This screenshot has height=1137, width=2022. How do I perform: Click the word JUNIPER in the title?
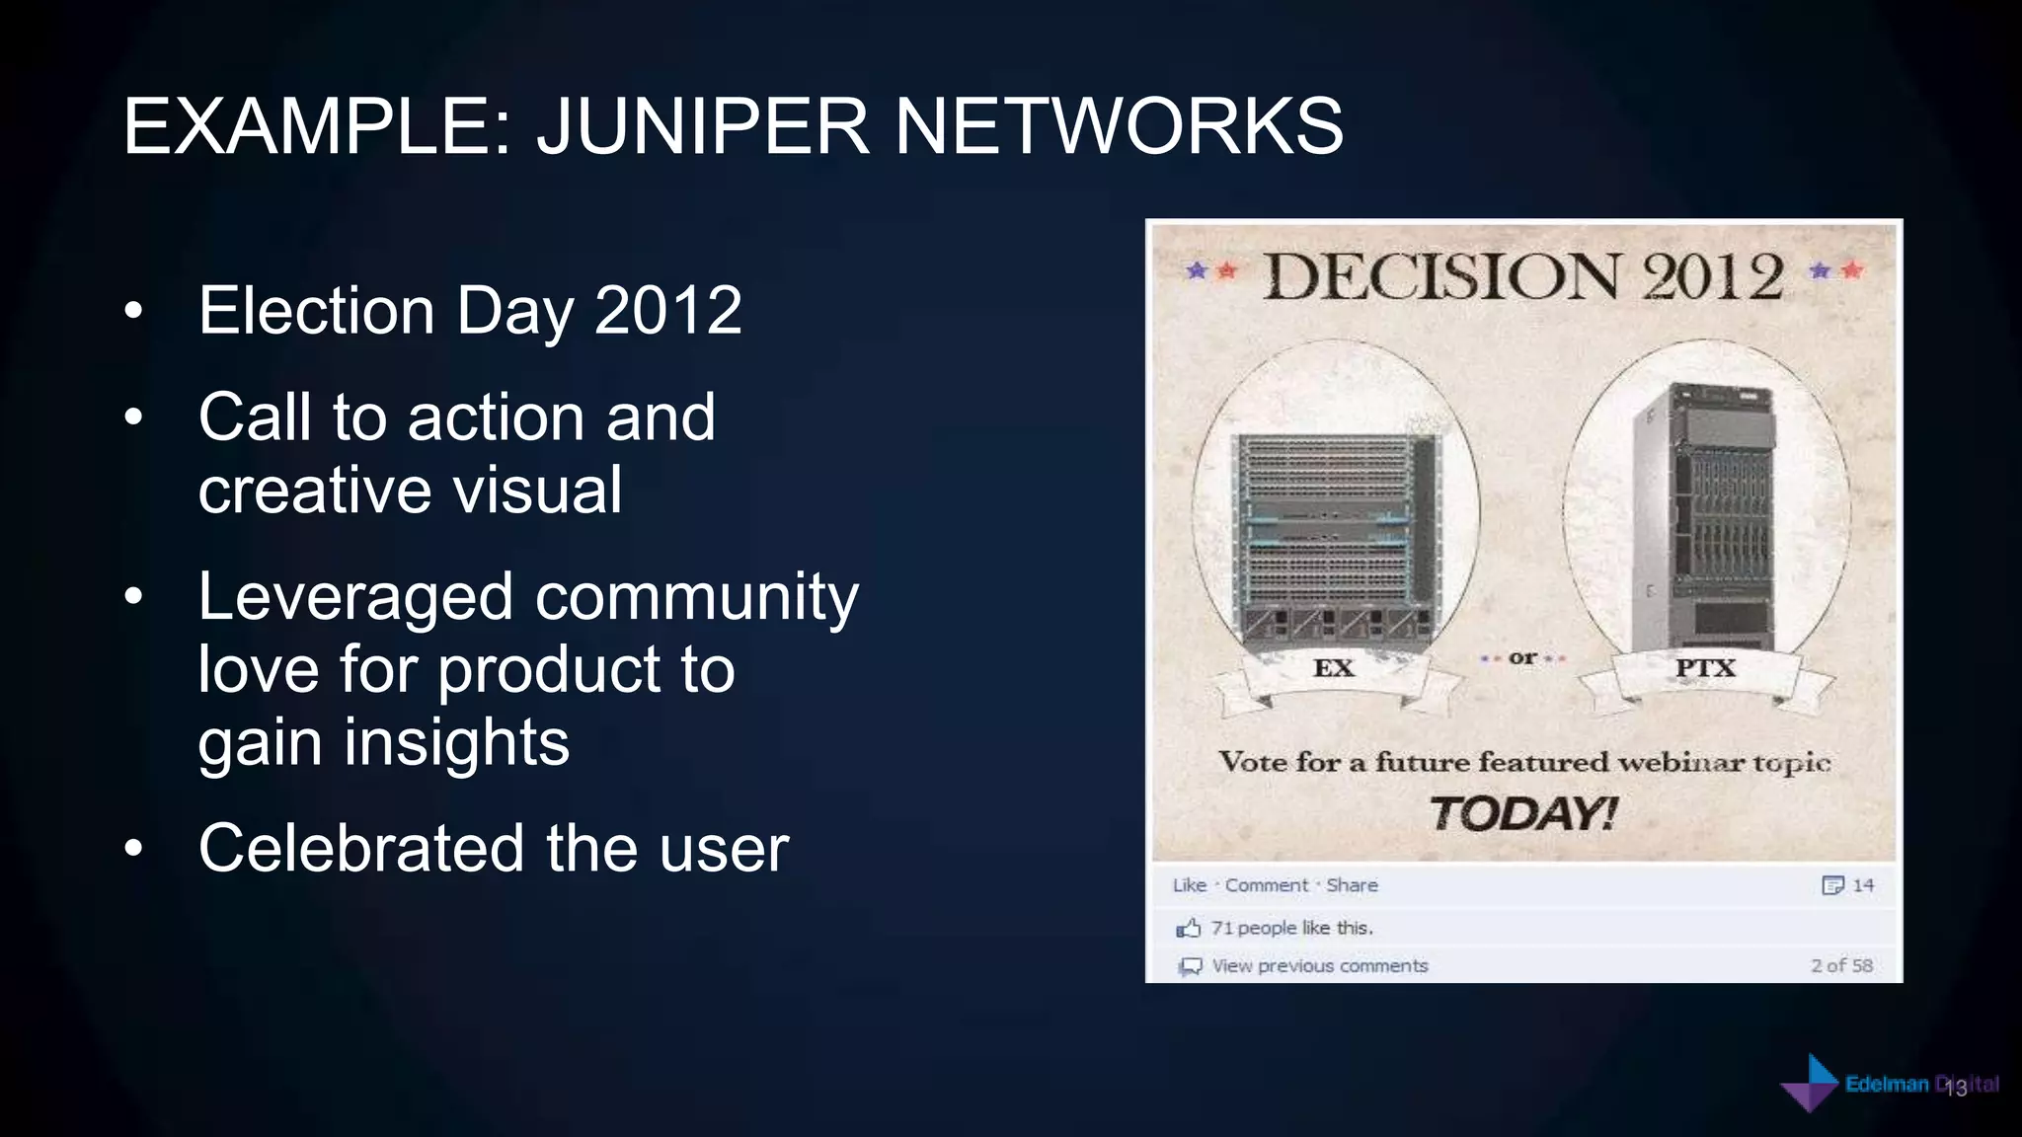click(702, 126)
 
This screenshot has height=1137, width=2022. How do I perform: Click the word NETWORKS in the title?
click(1118, 126)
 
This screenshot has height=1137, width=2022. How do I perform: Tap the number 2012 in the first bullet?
click(668, 311)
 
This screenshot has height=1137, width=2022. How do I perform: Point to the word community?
click(696, 598)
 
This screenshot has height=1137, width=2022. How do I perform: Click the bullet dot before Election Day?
click(134, 312)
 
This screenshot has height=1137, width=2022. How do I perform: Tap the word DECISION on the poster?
click(1442, 277)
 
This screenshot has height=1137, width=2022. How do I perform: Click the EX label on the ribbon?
click(1333, 668)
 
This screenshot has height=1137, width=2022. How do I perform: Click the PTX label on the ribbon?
click(1705, 668)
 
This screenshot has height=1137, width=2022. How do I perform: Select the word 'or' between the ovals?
click(1522, 657)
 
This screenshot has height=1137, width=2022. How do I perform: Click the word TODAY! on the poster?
click(1522, 814)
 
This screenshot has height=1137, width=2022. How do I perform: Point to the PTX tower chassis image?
click(1705, 518)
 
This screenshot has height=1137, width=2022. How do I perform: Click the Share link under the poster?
click(1352, 885)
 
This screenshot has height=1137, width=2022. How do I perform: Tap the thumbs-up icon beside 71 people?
click(1189, 928)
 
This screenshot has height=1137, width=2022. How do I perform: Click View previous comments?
click(1319, 966)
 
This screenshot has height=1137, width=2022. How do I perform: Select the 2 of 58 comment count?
click(1841, 966)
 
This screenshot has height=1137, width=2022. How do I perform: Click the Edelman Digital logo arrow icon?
click(1810, 1084)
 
